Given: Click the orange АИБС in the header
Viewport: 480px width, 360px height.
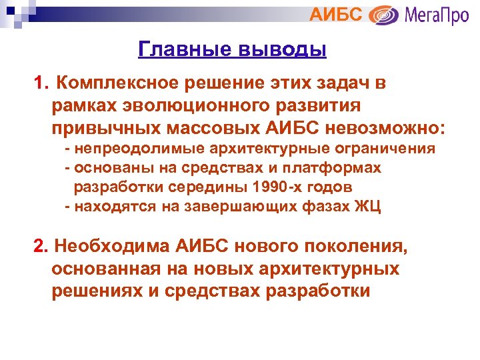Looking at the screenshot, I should click(337, 15).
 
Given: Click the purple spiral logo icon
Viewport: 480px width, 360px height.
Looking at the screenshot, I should click(383, 15).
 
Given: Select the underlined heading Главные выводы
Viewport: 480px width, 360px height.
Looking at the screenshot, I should click(232, 49).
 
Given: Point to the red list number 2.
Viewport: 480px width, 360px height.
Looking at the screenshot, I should click(41, 247).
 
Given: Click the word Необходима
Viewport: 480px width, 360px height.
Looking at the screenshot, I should click(113, 247).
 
